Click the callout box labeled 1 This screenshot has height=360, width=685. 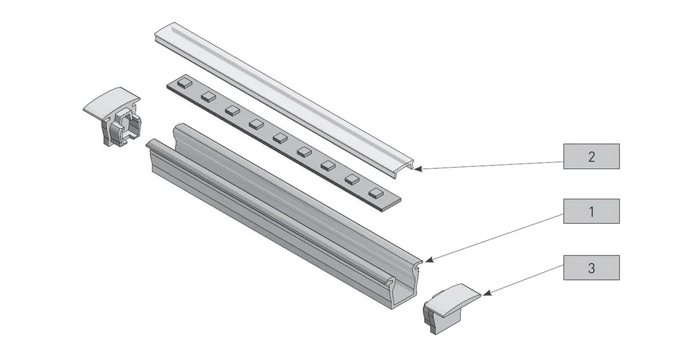click(x=591, y=211)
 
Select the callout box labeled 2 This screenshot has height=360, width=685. click(x=591, y=156)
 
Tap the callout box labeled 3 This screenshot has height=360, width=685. click(x=591, y=267)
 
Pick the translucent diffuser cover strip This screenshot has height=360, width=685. click(x=283, y=94)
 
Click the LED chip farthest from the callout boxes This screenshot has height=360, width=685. click(x=184, y=82)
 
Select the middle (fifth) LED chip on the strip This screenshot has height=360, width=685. click(x=280, y=138)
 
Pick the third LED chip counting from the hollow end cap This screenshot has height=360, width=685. click(x=232, y=110)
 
